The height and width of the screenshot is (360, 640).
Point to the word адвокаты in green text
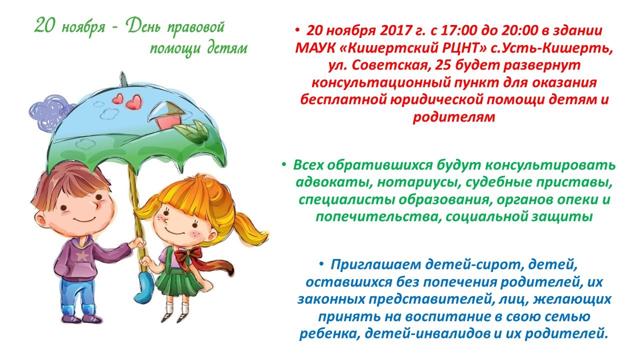click(x=331, y=183)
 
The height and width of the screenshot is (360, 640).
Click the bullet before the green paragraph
click(x=283, y=164)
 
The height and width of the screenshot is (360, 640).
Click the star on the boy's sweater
click(x=82, y=255)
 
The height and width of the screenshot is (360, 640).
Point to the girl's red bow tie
click(x=188, y=256)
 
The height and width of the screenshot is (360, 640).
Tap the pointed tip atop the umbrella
click(x=123, y=78)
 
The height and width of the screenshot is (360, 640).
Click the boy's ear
click(x=41, y=221)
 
